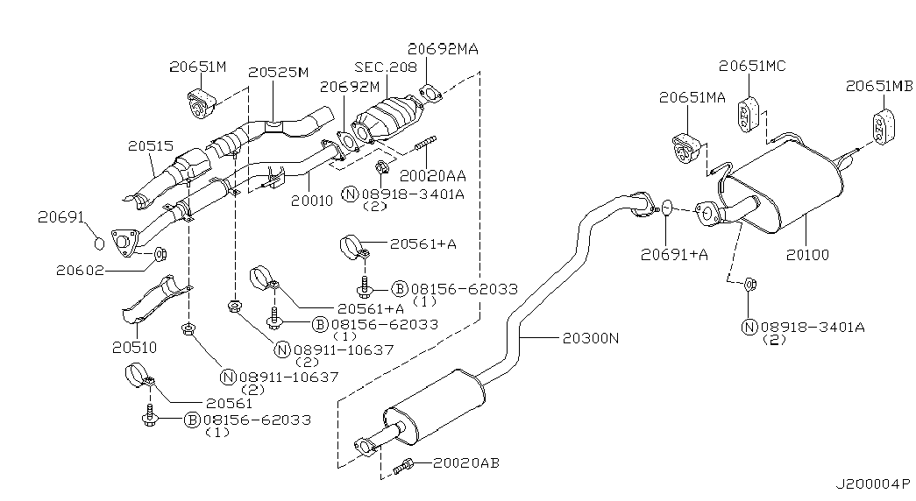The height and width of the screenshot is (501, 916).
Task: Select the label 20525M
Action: [278, 72]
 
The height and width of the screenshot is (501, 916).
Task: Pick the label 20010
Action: [312, 201]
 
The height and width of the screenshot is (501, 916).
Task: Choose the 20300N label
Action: [584, 336]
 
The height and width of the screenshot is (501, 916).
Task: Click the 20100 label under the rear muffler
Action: [806, 255]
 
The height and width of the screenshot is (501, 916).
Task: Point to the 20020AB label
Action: [466, 462]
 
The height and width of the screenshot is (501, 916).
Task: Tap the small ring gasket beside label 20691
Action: [99, 243]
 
